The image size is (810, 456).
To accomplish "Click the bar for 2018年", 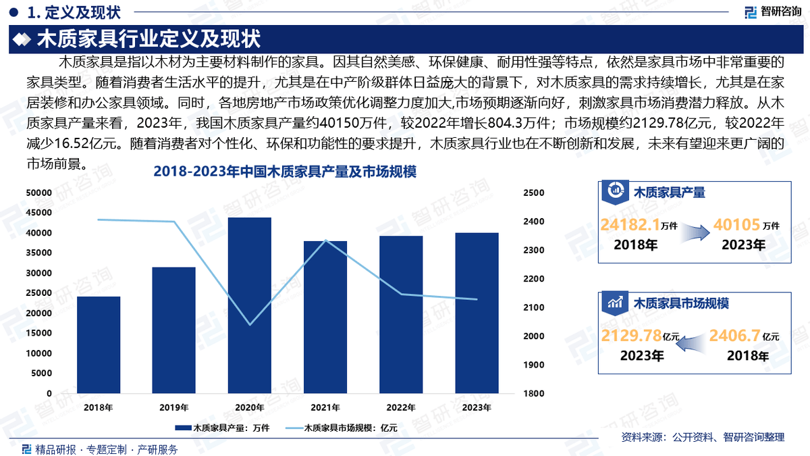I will (99, 345).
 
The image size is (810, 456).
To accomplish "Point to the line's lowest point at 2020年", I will (250, 325).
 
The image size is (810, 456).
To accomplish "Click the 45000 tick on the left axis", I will (38, 213).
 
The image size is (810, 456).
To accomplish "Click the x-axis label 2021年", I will (325, 407).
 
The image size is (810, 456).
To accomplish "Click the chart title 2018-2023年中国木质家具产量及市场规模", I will (285, 172).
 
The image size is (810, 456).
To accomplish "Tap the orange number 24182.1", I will (629, 226).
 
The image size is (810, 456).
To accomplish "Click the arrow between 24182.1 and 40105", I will (695, 231).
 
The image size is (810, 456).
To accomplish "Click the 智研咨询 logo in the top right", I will (772, 11).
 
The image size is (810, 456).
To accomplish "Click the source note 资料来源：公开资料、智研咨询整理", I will (702, 438).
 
